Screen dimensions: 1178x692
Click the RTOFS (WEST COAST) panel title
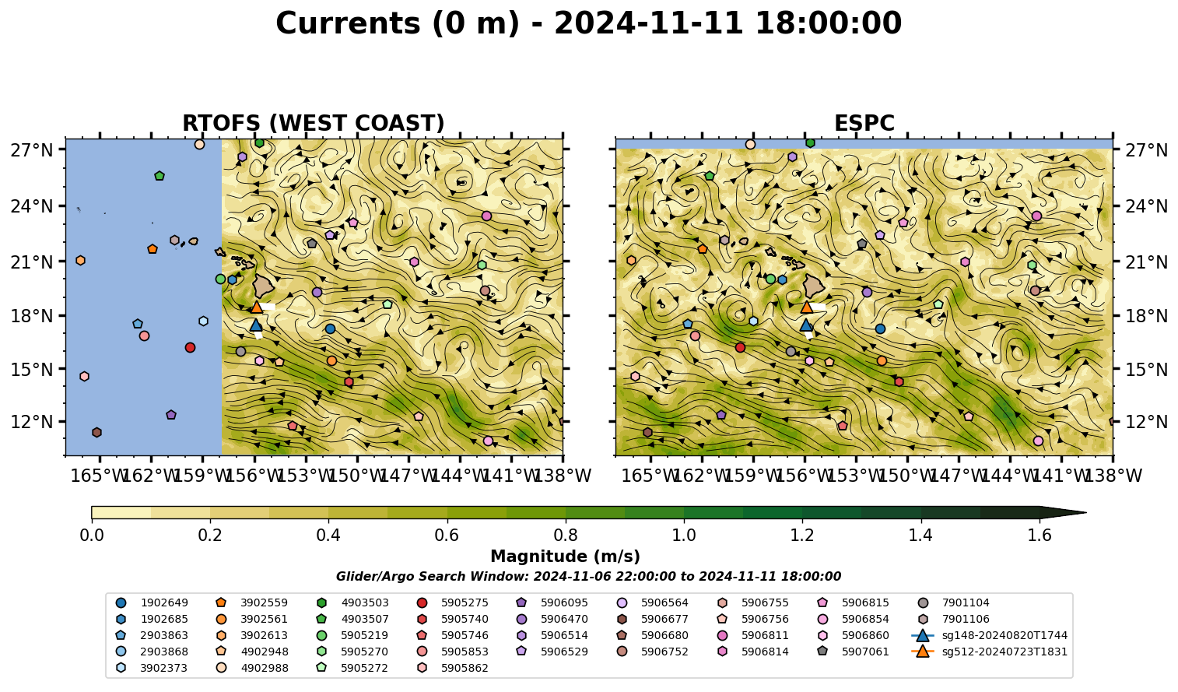pos(314,123)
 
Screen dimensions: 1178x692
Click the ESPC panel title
pos(864,123)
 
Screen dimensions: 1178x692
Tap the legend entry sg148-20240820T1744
pos(990,635)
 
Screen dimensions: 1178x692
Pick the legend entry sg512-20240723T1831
pos(990,652)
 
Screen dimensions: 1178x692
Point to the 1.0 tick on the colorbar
pos(684,520)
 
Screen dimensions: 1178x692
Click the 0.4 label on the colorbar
pos(328,536)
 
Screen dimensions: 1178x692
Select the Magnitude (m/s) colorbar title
pos(566,557)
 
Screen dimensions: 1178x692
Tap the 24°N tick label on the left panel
pos(32,206)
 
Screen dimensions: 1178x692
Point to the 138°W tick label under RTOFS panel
pos(563,476)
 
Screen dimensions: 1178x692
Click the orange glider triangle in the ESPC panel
pos(806,307)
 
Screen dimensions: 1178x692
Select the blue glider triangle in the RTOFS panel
pos(256,325)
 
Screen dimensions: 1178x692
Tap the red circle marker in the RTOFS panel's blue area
pos(191,347)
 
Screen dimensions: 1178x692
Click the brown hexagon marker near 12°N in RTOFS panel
pos(96,433)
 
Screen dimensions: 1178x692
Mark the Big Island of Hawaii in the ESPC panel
pos(814,286)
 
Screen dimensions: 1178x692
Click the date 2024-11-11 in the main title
pos(648,23)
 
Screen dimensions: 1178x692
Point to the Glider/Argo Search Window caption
pos(588,577)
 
